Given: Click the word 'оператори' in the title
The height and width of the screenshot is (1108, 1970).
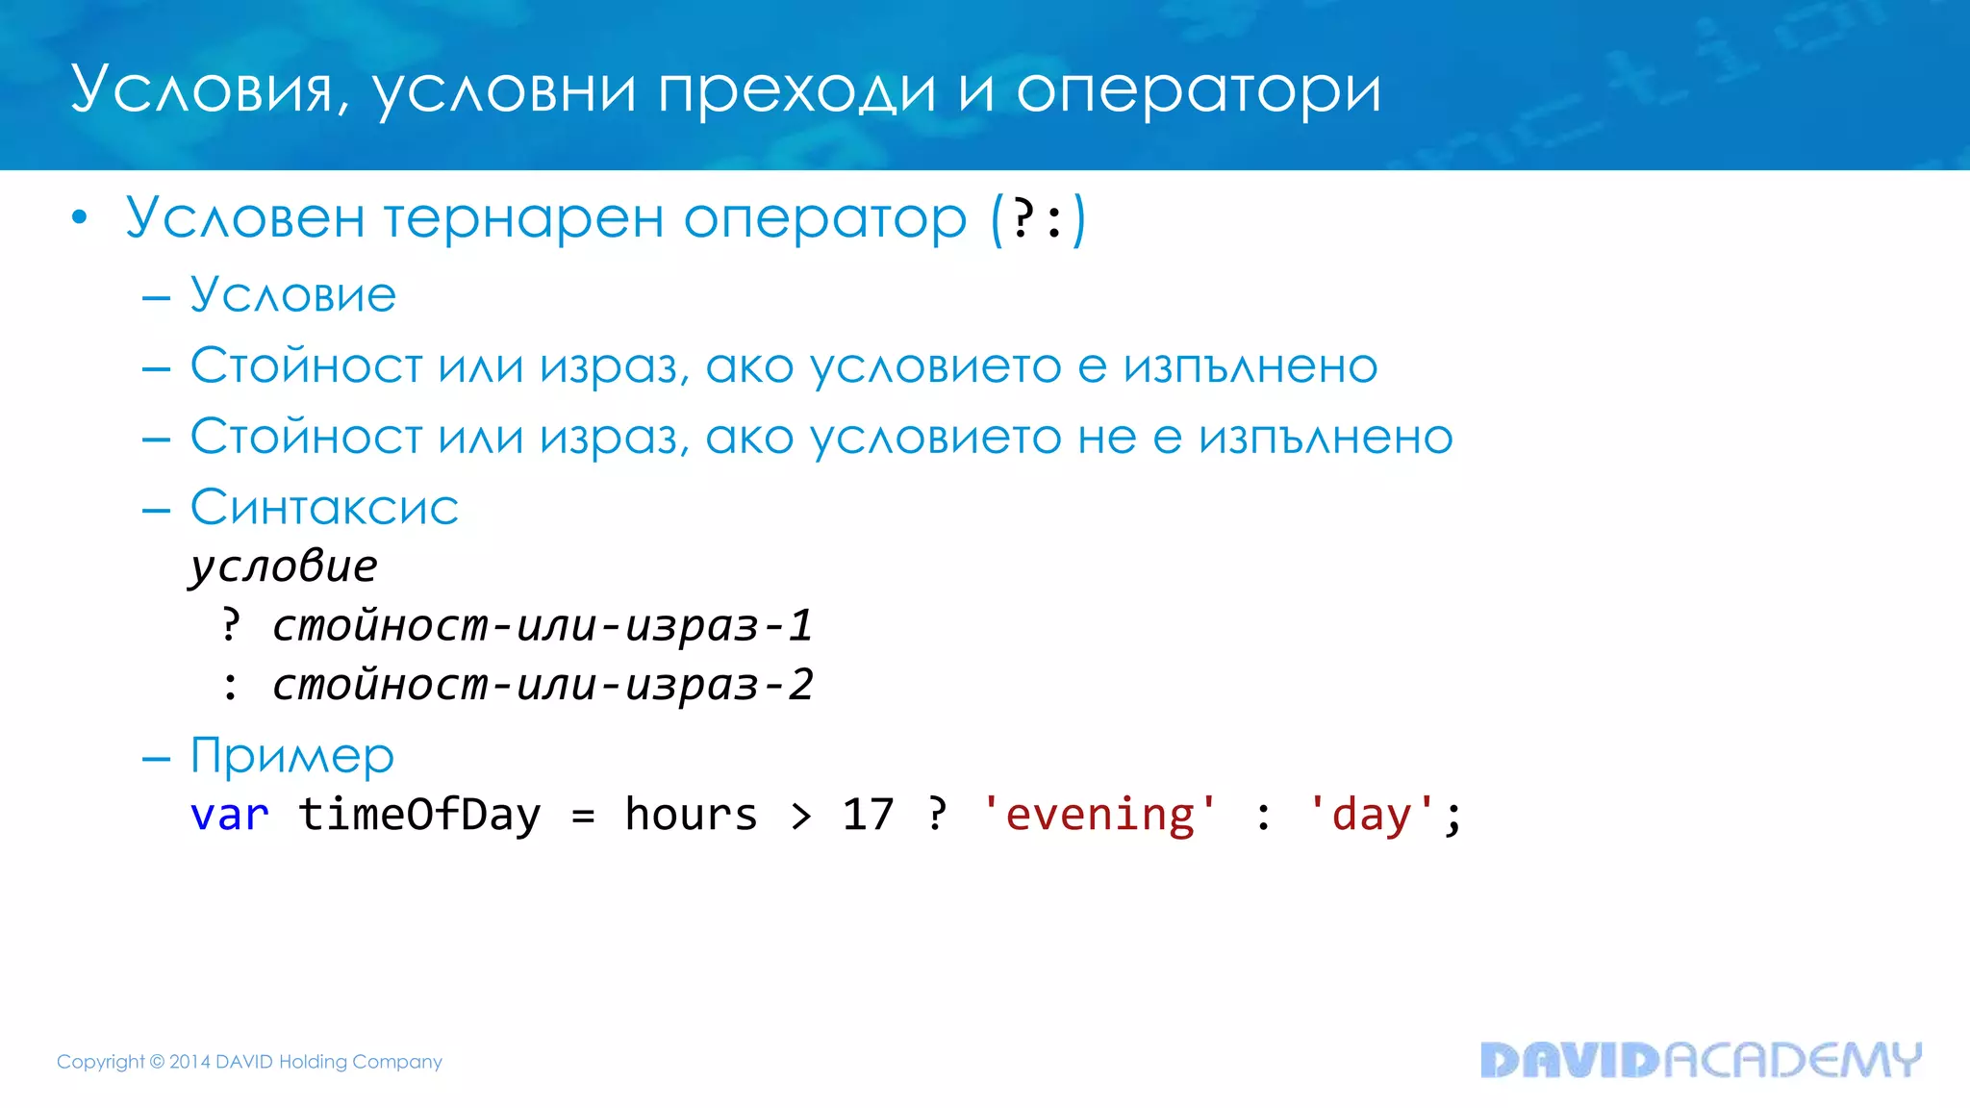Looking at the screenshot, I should (1198, 91).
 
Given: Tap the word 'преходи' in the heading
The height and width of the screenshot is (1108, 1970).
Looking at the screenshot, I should (796, 91).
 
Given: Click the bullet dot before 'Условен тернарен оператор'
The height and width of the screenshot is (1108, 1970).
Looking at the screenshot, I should (80, 218).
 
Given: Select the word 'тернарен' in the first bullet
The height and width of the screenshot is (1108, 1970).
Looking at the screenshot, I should (523, 218).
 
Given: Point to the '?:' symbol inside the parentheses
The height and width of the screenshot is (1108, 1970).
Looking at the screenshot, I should (1039, 219).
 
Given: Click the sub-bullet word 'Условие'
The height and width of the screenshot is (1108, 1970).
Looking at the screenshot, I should (292, 294).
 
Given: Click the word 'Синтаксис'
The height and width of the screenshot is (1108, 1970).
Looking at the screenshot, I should (324, 508).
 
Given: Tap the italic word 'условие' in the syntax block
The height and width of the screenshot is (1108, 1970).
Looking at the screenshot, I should (284, 566).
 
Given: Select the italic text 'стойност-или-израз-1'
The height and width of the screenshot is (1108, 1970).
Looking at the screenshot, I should (543, 625).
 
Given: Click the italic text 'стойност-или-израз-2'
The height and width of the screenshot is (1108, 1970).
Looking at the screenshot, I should (543, 685).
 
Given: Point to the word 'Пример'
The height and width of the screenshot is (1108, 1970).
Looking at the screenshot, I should (292, 756).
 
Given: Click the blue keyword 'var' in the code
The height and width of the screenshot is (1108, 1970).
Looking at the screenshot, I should (229, 815).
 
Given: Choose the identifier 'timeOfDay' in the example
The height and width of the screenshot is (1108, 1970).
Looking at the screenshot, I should (419, 815).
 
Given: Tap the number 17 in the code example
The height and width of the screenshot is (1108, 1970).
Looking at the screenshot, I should (868, 815).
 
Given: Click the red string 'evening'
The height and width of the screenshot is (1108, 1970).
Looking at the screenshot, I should (1099, 815).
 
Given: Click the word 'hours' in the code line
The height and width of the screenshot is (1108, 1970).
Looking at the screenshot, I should (691, 815).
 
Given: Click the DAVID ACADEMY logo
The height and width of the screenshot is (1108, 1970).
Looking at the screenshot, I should (1700, 1060).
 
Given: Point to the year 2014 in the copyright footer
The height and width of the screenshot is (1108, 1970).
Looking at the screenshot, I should (189, 1062).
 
